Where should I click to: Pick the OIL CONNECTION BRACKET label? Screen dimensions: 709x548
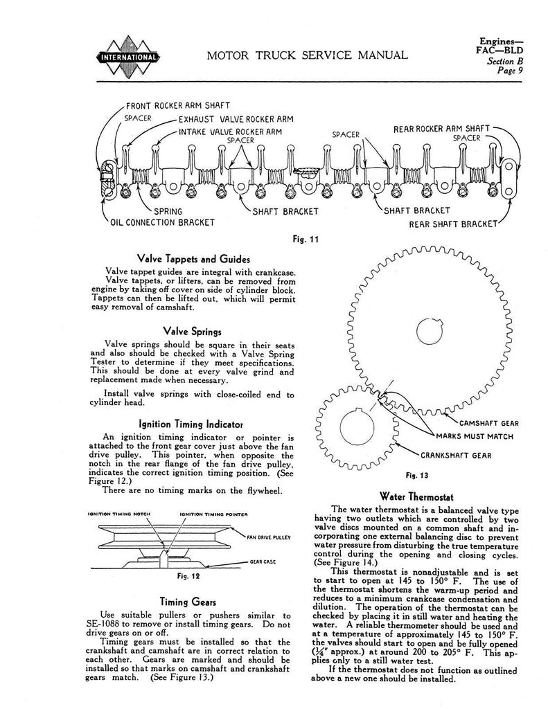(162, 222)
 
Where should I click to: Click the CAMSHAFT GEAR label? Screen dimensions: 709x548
(489, 422)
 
